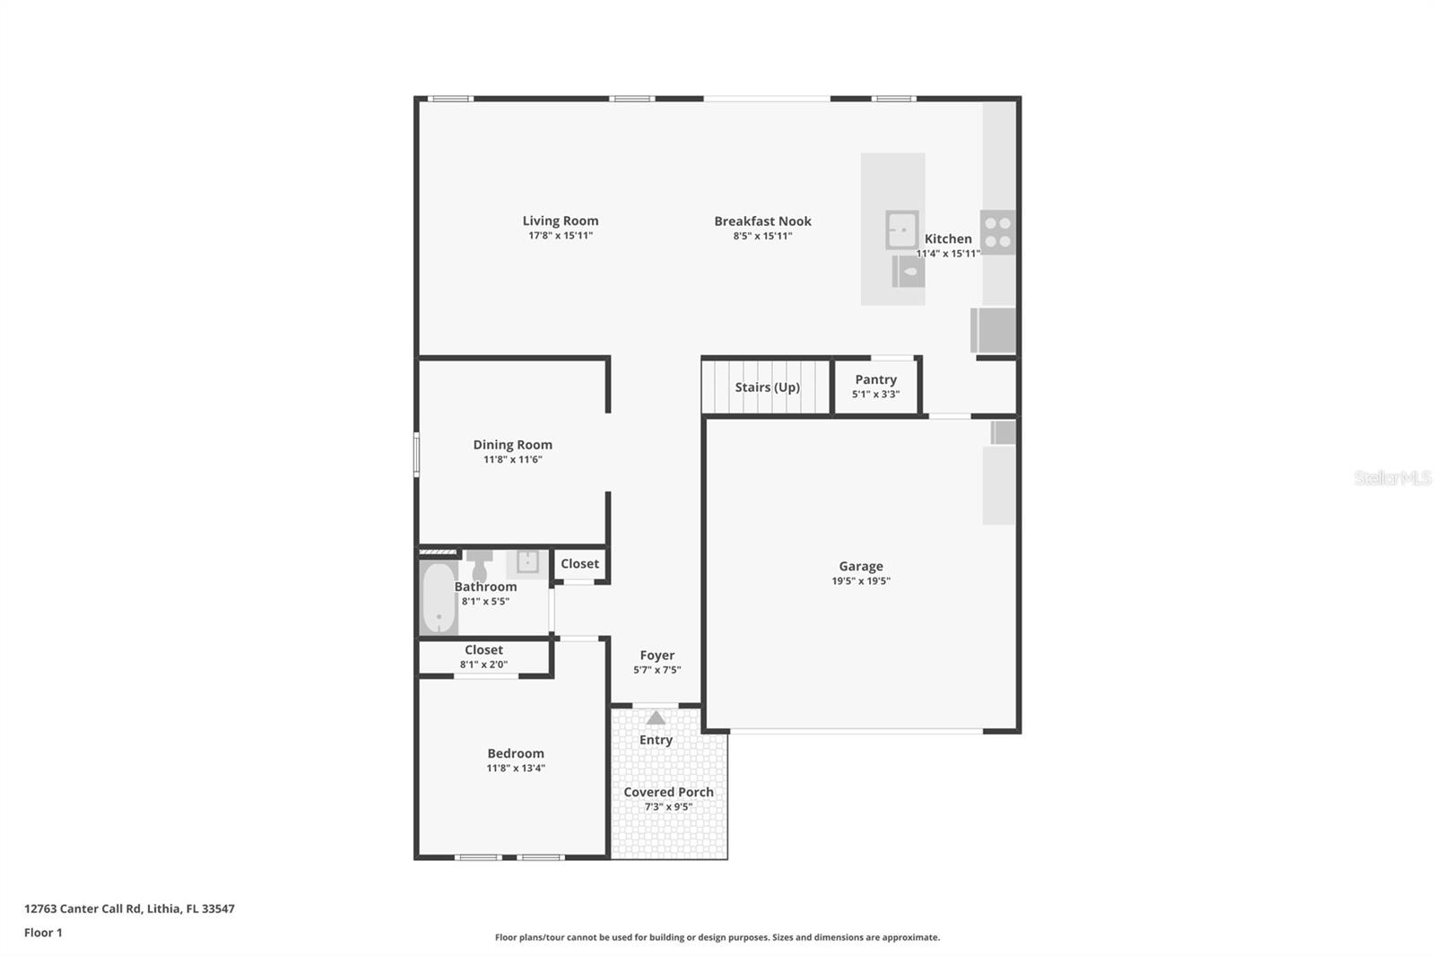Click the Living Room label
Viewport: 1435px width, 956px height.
tap(560, 221)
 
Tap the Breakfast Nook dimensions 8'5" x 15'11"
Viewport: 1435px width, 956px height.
tap(762, 236)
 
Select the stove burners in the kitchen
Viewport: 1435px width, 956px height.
tap(997, 232)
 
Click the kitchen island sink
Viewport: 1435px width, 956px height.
tap(902, 230)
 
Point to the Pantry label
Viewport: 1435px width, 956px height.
tap(875, 379)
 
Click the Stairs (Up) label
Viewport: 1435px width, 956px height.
tap(767, 387)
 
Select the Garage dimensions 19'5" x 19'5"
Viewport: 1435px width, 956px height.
tap(860, 581)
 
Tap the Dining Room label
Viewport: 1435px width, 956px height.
tap(512, 445)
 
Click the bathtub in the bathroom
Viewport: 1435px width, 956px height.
tap(439, 597)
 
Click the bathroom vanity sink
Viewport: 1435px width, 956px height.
tap(527, 563)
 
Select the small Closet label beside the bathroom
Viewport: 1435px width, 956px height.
tap(579, 564)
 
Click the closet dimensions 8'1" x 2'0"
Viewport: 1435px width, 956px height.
tap(483, 665)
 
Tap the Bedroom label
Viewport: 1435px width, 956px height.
tap(515, 753)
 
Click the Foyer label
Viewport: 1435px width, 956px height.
tap(657, 656)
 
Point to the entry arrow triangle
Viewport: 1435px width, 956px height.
tap(656, 717)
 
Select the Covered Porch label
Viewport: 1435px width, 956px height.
tap(668, 792)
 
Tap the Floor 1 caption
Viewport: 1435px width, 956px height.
tap(43, 933)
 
